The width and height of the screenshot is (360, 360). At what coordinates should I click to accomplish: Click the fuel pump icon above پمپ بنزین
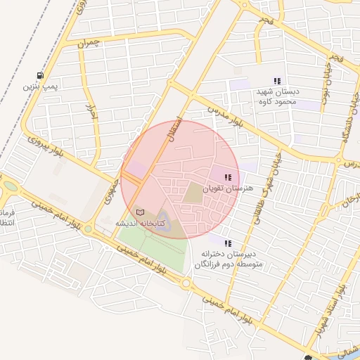click(x=40, y=75)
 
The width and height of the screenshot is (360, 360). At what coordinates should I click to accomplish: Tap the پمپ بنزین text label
click(x=39, y=86)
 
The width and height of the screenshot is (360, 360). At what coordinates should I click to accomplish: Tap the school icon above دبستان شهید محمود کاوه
click(x=277, y=81)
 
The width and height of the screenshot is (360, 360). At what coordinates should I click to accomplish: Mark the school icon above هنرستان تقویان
click(x=226, y=177)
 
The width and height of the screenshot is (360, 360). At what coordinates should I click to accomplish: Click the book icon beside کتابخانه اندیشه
click(x=139, y=212)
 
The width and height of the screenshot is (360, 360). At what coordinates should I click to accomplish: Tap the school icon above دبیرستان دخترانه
click(x=226, y=243)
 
